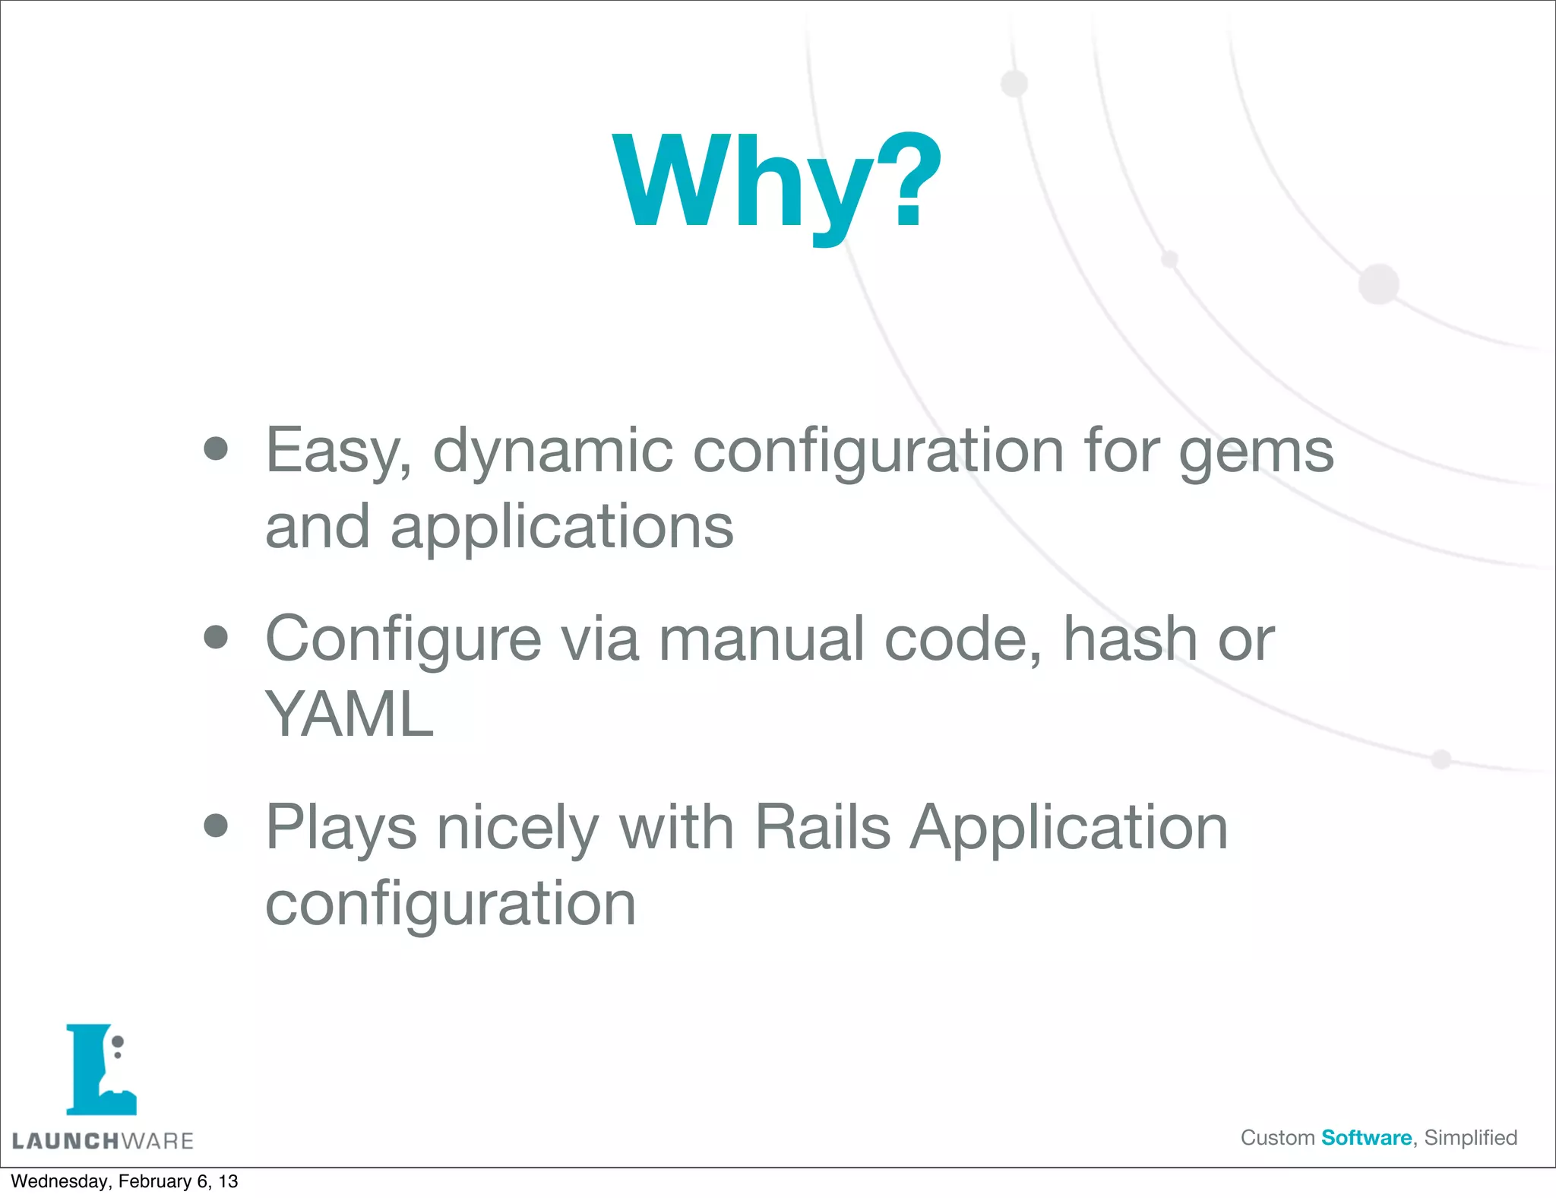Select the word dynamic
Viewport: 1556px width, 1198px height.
click(552, 452)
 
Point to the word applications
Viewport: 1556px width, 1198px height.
click(561, 528)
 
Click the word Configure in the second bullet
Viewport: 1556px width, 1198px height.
click(403, 640)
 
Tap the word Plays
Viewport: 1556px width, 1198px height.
click(341, 829)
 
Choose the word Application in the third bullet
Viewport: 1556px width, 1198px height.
click(1069, 829)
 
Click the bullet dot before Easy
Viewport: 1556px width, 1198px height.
click(217, 448)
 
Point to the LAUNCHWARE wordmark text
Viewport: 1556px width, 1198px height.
click(103, 1141)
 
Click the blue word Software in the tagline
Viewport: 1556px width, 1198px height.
click(1366, 1138)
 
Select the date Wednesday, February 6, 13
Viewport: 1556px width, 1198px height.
click(124, 1181)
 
